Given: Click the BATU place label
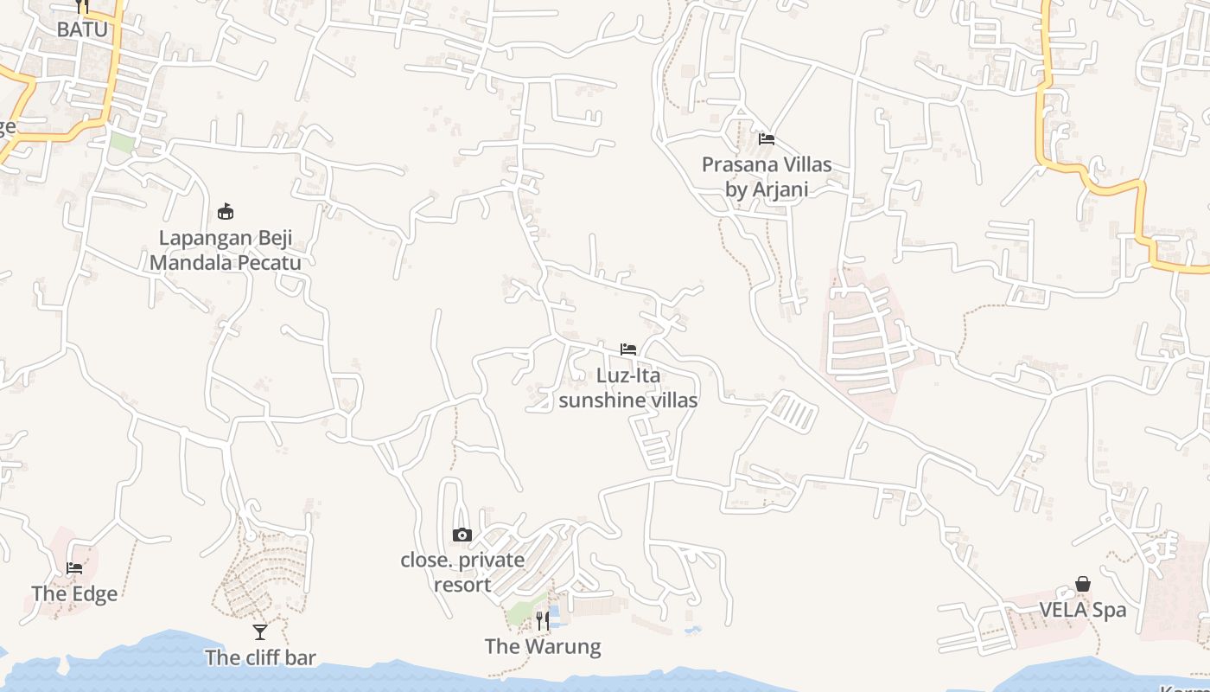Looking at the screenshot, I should click(x=82, y=29).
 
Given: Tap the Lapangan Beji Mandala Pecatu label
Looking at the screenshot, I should click(x=226, y=250).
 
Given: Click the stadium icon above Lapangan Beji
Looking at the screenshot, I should click(x=226, y=211).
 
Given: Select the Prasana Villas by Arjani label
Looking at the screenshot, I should click(x=767, y=176).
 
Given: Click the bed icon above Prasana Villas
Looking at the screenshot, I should click(x=766, y=138).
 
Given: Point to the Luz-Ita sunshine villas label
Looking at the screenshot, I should click(x=628, y=388).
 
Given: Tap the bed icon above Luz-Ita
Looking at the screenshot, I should click(x=628, y=349).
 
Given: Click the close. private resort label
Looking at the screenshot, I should click(x=462, y=572).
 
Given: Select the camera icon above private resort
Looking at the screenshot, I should click(x=462, y=535).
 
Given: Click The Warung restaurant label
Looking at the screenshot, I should click(x=543, y=646).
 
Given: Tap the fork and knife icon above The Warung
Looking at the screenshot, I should click(x=542, y=619).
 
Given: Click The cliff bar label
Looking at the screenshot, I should click(x=260, y=657).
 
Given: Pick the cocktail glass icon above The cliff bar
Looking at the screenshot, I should click(x=260, y=631).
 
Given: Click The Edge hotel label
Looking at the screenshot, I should click(x=74, y=593).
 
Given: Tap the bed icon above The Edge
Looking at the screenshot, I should click(x=74, y=568).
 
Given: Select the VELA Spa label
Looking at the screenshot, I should click(x=1083, y=610).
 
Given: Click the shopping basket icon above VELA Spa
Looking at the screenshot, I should click(x=1083, y=584).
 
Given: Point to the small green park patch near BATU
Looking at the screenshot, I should click(x=122, y=143).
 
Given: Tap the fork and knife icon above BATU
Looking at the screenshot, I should click(x=82, y=6).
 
